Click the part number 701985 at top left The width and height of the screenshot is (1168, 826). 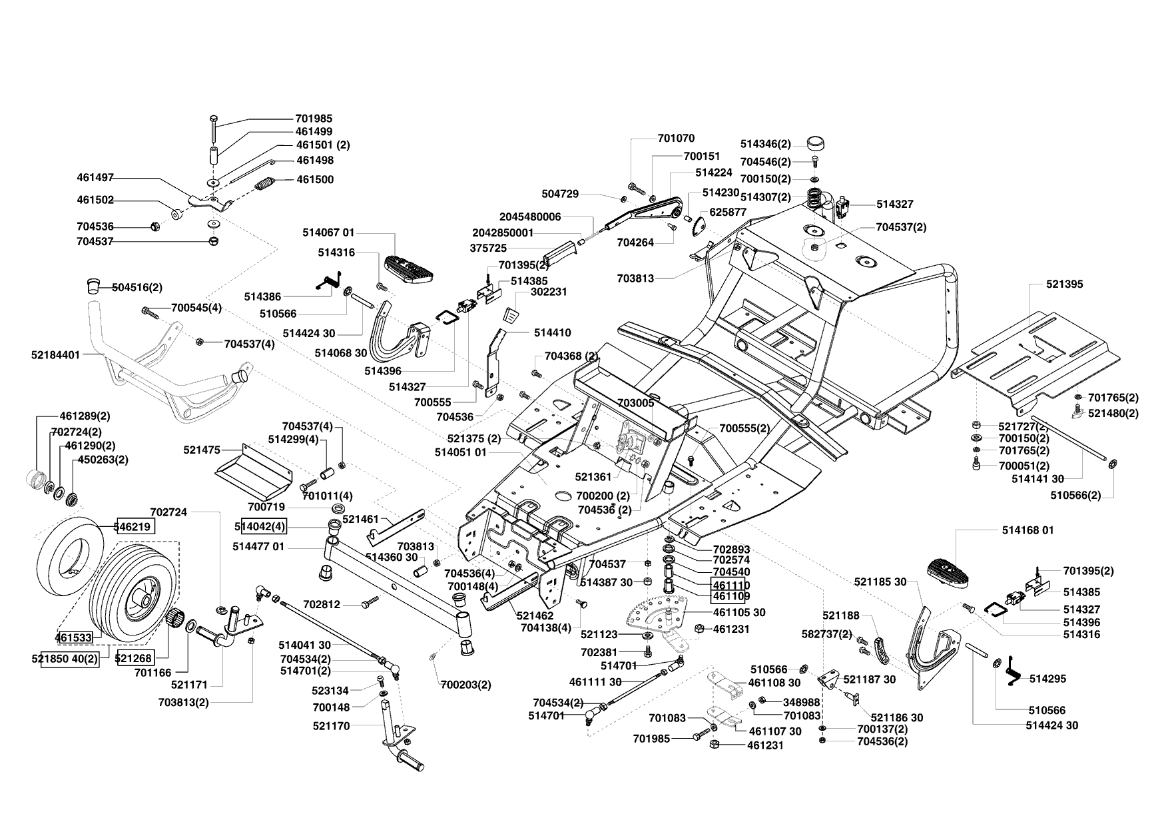(x=314, y=119)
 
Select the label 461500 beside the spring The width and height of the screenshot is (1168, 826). (x=315, y=180)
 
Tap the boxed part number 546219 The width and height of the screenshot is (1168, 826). (x=136, y=526)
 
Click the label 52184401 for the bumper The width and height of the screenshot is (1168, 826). (x=55, y=355)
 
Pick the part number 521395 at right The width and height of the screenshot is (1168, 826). (x=1065, y=284)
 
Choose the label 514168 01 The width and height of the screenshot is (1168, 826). (x=1028, y=531)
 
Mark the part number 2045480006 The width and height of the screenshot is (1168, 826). (x=530, y=216)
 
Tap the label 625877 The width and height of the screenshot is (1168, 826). (x=729, y=212)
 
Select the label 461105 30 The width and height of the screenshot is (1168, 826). (x=739, y=612)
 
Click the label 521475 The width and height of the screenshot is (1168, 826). (x=202, y=450)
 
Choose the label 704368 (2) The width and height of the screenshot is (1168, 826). (x=571, y=356)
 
